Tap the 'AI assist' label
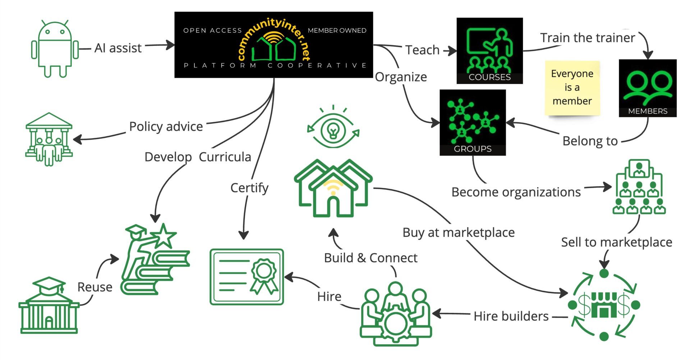tap(118, 48)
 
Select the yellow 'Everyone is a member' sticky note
tap(572, 88)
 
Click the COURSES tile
tap(489, 51)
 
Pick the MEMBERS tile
tap(648, 88)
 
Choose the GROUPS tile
tap(473, 122)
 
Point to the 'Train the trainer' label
tap(588, 38)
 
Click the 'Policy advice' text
tap(166, 126)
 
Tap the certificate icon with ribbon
tap(247, 277)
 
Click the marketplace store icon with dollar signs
tap(604, 305)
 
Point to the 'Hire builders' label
tap(511, 316)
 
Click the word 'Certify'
tap(249, 188)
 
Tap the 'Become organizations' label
tap(516, 192)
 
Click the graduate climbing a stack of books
tap(155, 259)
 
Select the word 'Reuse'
tap(95, 287)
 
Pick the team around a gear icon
tap(396, 314)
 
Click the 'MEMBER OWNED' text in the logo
tap(337, 31)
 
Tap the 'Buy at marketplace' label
tap(459, 232)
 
